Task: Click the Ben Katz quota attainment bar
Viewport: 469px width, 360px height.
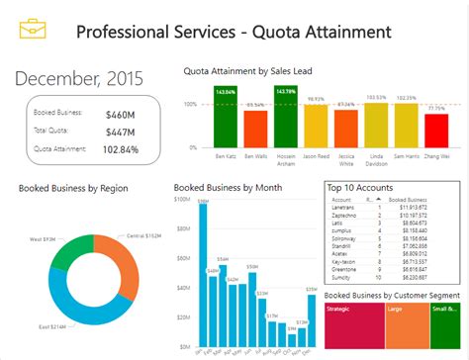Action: pyautogui.click(x=225, y=119)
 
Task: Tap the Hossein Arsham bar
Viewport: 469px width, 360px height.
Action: pyautogui.click(x=286, y=119)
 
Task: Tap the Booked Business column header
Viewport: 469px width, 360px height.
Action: pyautogui.click(x=405, y=199)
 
